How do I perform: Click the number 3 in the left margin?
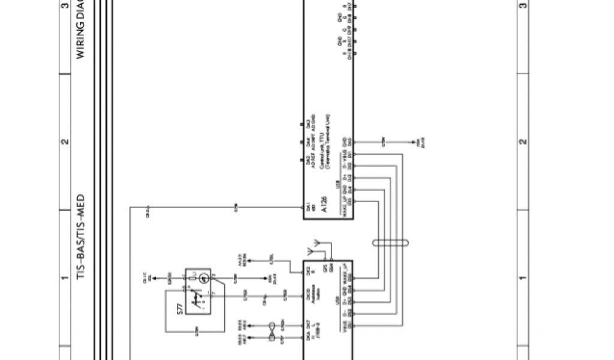pyautogui.click(x=65, y=6)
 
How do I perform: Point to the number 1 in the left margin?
pyautogui.click(x=65, y=278)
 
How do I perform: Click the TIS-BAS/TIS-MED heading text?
pyautogui.click(x=80, y=238)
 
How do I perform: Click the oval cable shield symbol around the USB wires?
pyautogui.click(x=390, y=243)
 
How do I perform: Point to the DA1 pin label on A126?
pyautogui.click(x=308, y=207)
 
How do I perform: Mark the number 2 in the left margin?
pyautogui.click(x=65, y=142)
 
